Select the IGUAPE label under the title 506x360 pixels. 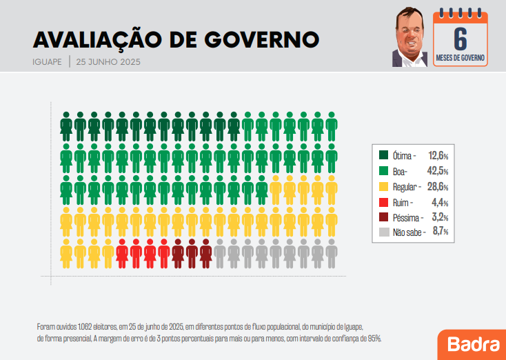47,61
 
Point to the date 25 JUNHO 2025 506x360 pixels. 109,61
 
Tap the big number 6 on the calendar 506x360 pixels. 460,38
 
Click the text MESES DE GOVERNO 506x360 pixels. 460,58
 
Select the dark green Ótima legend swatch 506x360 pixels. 385,154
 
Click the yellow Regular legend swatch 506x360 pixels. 385,187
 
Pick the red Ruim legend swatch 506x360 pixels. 385,203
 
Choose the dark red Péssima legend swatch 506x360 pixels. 385,217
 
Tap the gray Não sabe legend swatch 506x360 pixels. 385,232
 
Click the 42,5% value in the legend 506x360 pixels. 438,171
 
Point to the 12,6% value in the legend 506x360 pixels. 438,155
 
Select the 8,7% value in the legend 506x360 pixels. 441,232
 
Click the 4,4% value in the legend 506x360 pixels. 441,203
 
